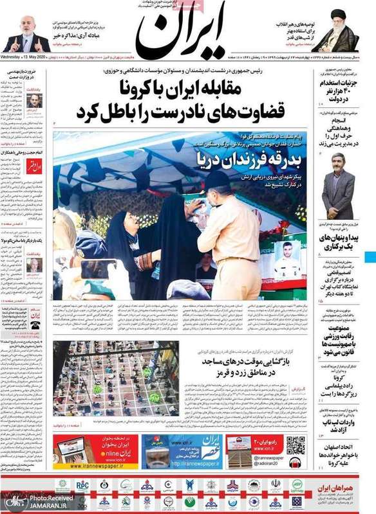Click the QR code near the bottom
pyautogui.click(x=296, y=445)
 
